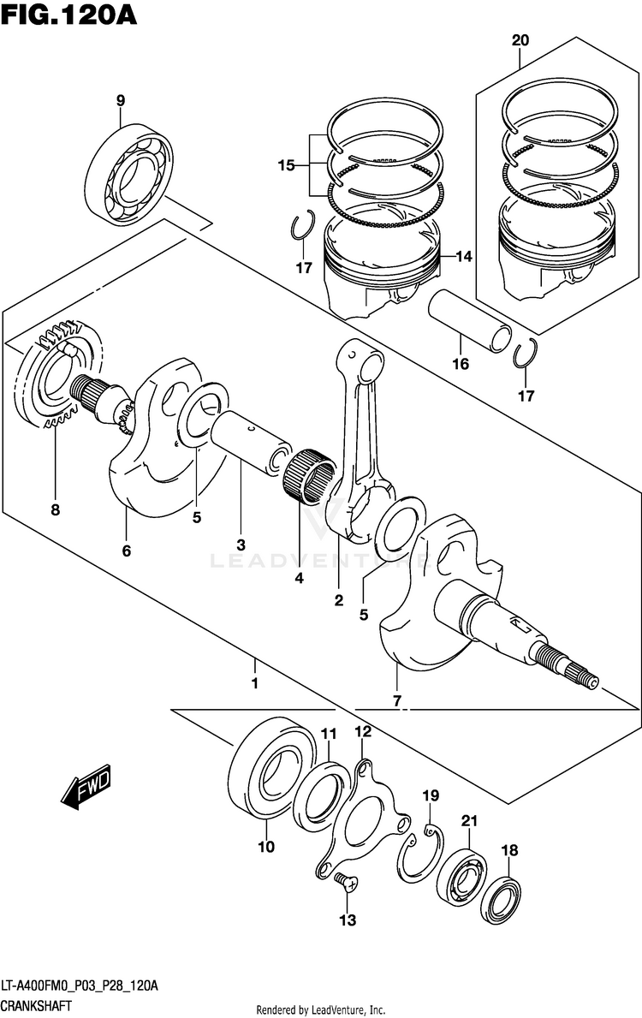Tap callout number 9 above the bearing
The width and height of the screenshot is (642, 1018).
point(121,101)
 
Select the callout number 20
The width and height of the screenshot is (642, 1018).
point(520,40)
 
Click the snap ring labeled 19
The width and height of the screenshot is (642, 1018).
point(419,854)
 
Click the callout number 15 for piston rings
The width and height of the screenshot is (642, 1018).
point(286,164)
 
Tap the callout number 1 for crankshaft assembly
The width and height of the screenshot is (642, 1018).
point(254,684)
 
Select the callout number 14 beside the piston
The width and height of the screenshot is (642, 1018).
point(463,256)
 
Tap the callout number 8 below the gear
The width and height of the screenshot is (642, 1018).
point(55,510)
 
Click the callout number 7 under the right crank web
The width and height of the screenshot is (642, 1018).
point(396,701)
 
